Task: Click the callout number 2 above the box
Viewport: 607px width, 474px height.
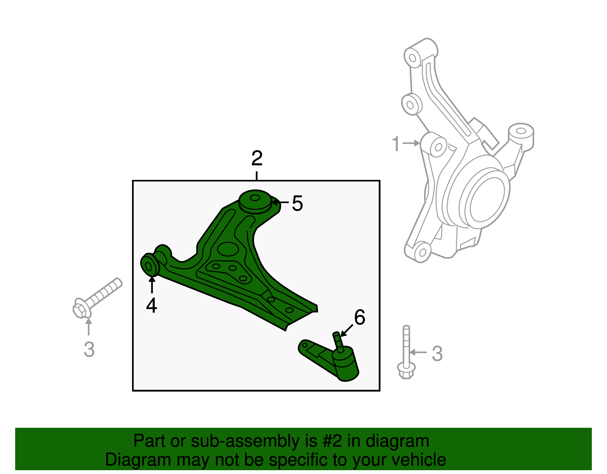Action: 257,159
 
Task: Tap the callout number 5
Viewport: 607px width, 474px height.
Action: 297,203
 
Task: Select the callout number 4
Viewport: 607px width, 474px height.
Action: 151,306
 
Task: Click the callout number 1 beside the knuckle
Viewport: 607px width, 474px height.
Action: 396,144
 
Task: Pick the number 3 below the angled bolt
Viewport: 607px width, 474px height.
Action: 89,350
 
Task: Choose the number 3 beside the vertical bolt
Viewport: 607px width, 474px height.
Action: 437,354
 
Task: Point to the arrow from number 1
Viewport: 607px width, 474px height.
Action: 411,143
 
